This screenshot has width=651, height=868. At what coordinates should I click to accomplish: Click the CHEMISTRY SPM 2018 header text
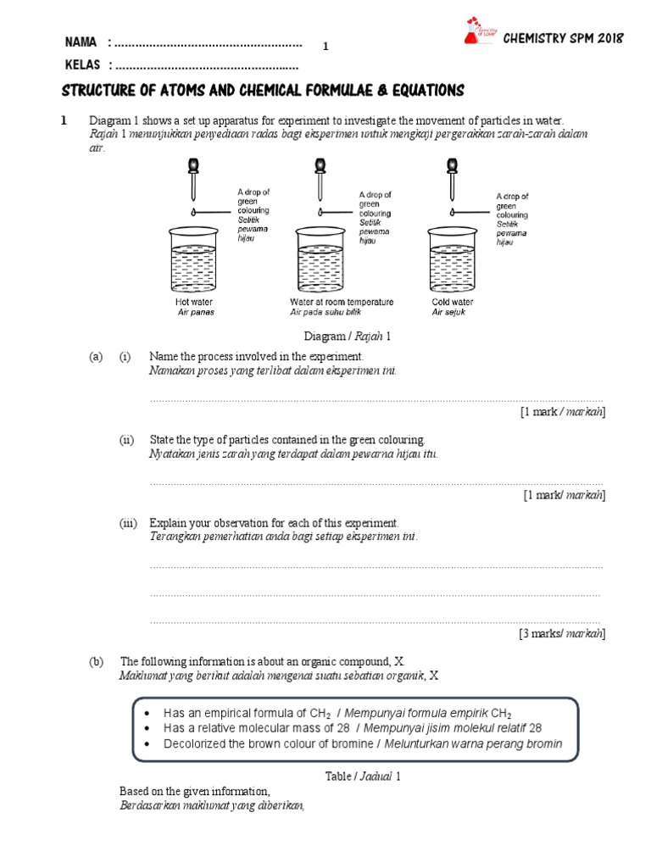click(564, 38)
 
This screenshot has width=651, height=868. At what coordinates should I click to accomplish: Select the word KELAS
click(82, 64)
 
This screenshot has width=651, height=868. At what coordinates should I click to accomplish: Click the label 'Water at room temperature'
click(342, 302)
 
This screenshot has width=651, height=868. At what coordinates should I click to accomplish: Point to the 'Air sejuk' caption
click(448, 312)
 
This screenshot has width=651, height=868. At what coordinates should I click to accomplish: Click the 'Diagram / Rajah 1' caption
click(353, 337)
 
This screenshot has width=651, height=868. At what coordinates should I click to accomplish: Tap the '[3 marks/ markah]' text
click(562, 633)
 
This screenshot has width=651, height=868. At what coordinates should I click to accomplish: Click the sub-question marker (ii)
click(127, 440)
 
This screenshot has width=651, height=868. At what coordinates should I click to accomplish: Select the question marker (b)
click(97, 660)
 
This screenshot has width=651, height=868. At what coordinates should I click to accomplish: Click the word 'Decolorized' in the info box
click(194, 743)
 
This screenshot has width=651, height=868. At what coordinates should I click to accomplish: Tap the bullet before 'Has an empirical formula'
click(147, 713)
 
